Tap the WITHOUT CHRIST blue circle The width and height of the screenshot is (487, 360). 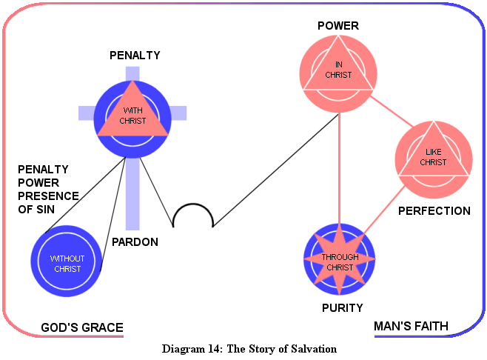pyautogui.click(x=66, y=263)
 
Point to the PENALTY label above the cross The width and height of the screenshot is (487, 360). pyautogui.click(x=135, y=55)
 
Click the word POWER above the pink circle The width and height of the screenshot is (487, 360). pyautogui.click(x=338, y=26)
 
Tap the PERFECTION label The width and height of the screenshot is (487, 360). pyautogui.click(x=434, y=211)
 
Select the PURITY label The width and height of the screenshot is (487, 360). pyautogui.click(x=341, y=308)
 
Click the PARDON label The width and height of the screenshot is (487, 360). pyautogui.click(x=135, y=241)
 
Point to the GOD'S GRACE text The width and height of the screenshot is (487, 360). pyautogui.click(x=81, y=327)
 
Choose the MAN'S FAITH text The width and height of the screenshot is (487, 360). pyautogui.click(x=411, y=326)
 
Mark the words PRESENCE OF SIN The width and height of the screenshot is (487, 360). pyautogui.click(x=48, y=202)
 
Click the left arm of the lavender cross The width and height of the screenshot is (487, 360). pyautogui.click(x=87, y=113)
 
